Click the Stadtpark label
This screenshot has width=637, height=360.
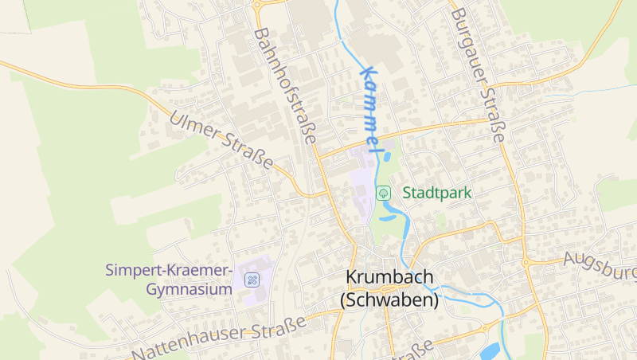437,193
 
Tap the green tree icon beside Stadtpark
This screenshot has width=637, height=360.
383,193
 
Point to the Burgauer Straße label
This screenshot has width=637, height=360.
478,76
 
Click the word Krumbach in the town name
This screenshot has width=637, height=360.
389,277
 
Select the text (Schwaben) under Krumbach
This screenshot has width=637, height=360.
389,300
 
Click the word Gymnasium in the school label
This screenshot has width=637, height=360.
189,289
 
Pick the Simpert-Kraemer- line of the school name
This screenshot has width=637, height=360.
169,270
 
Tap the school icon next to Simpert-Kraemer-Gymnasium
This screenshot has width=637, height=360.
252,280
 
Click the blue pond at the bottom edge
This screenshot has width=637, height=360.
490,350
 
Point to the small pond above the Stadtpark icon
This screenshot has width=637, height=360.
387,157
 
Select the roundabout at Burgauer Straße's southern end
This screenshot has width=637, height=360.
526,261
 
